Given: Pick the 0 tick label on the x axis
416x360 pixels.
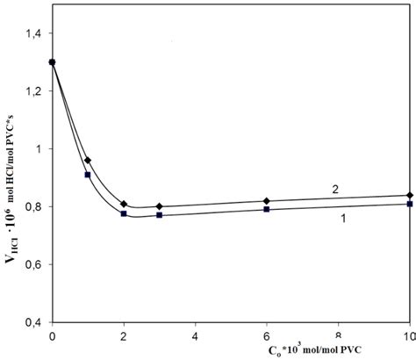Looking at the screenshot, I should pyautogui.click(x=53, y=336).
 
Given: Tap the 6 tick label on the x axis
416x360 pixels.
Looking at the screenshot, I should pyautogui.click(x=267, y=336).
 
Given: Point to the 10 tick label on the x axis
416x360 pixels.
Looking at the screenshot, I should pyautogui.click(x=409, y=336).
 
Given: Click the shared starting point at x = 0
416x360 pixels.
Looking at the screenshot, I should pyautogui.click(x=53, y=62).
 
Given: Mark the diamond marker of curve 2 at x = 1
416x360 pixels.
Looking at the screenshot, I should pyautogui.click(x=88, y=160).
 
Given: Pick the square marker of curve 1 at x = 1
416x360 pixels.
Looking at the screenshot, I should pyautogui.click(x=88, y=175).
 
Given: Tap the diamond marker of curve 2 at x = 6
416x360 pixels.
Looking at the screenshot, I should pyautogui.click(x=267, y=201).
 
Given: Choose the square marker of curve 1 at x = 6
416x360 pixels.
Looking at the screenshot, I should pyautogui.click(x=267, y=209).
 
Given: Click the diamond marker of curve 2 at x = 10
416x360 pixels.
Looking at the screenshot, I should pyautogui.click(x=409, y=195).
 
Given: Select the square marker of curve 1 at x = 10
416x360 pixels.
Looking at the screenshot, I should pyautogui.click(x=409, y=204).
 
